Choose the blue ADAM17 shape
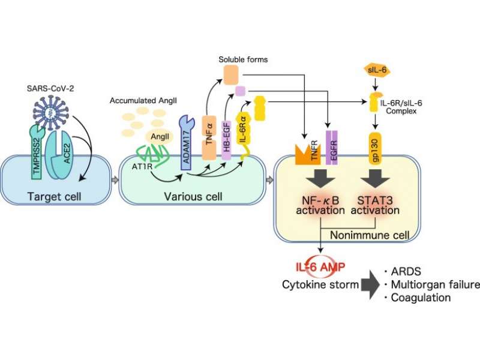click(185, 143)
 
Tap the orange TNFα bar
click(209, 137)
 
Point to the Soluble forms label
click(243, 60)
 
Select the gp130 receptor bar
click(376, 148)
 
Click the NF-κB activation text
click(321, 205)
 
